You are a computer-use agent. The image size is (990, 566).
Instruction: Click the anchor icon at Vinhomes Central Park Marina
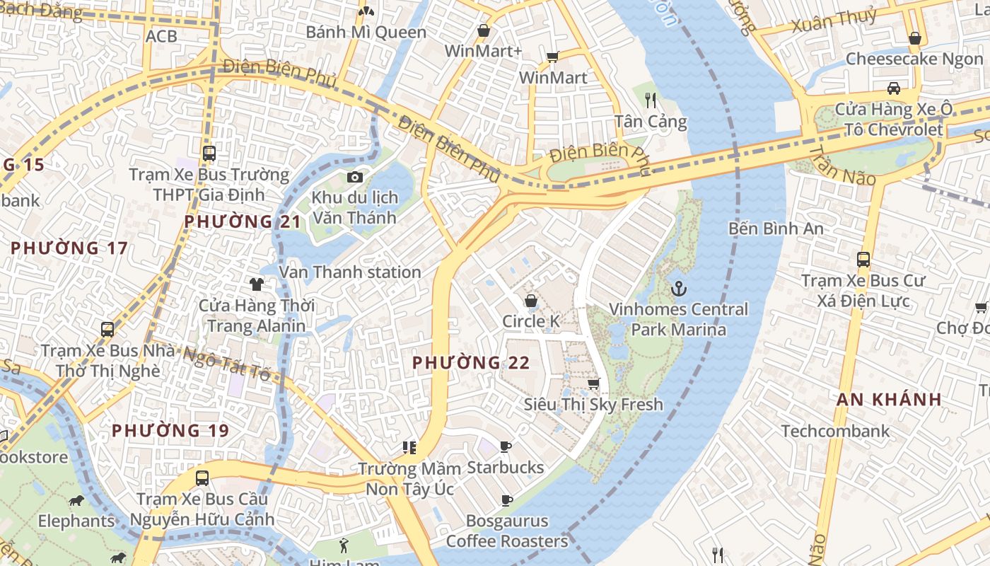(x=679, y=288)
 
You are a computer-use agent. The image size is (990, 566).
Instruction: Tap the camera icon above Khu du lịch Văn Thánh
(x=354, y=177)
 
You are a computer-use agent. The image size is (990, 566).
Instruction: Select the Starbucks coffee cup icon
(x=506, y=446)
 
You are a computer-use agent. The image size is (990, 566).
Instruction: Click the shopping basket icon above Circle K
(x=530, y=301)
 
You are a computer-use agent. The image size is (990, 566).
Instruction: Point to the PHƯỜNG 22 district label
(x=471, y=363)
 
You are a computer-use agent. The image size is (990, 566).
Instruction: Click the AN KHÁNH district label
(x=889, y=399)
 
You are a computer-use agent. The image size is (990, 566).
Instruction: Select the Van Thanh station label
(x=350, y=272)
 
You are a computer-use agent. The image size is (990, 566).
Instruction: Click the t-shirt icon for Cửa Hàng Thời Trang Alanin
(x=256, y=284)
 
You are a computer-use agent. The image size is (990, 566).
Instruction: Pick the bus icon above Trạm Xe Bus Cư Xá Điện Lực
(x=863, y=259)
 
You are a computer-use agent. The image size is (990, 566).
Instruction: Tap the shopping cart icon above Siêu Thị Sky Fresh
(x=593, y=383)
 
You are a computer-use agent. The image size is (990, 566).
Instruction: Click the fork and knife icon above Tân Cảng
(x=651, y=100)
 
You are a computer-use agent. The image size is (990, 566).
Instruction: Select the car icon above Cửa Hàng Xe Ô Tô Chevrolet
(x=894, y=88)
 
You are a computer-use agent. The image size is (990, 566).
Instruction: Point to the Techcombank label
(x=835, y=431)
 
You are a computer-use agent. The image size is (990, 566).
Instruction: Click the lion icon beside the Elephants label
(x=76, y=501)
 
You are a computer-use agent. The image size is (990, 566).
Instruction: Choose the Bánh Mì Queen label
(x=366, y=32)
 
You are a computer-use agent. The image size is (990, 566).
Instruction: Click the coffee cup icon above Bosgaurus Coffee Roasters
(x=506, y=500)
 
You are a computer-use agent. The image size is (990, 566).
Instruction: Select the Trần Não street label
(x=841, y=167)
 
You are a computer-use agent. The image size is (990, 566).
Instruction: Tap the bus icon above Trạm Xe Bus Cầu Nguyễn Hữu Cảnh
(x=202, y=478)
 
